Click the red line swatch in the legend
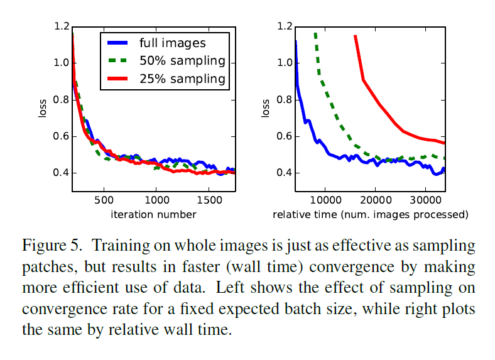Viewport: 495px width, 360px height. (118, 79)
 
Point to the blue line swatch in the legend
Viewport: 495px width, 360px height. (118, 43)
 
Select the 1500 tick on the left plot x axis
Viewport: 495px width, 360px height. (208, 201)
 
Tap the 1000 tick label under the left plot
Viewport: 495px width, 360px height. (156, 201)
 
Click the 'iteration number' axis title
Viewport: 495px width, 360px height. (154, 215)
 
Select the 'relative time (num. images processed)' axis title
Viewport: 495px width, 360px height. (371, 215)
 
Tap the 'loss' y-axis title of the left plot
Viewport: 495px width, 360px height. (43, 109)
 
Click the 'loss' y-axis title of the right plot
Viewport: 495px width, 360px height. (266, 109)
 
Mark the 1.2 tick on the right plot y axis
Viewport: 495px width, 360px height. (284, 26)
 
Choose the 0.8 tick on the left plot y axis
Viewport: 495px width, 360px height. (62, 99)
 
